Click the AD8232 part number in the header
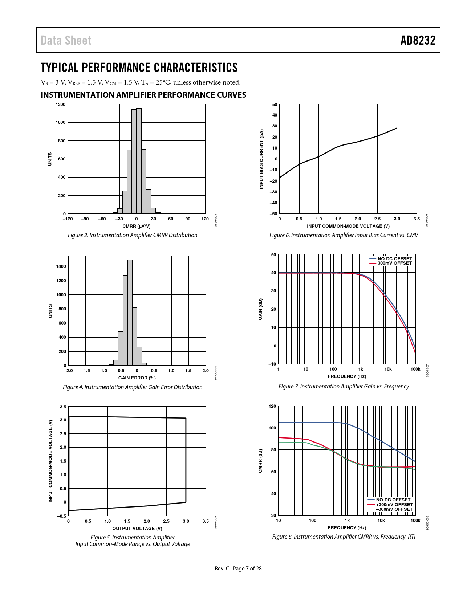(x=418, y=40)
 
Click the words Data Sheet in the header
(x=66, y=40)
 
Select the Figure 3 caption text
(x=133, y=235)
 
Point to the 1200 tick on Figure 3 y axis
(x=61, y=105)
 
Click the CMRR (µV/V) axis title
(x=137, y=226)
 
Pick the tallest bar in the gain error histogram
(x=130, y=312)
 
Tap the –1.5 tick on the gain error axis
(x=85, y=371)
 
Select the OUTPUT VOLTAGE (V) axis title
(x=137, y=529)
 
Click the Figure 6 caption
(x=344, y=235)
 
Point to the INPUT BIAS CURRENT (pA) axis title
(x=261, y=159)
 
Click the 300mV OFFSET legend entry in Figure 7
(x=394, y=263)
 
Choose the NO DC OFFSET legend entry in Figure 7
(x=395, y=259)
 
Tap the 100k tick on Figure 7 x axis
(x=415, y=369)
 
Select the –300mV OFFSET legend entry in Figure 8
(x=394, y=509)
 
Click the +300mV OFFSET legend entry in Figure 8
(x=394, y=505)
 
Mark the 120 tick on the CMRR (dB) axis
(x=272, y=406)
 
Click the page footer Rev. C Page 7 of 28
(x=238, y=569)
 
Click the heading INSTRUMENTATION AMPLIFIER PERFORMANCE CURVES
(x=143, y=95)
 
